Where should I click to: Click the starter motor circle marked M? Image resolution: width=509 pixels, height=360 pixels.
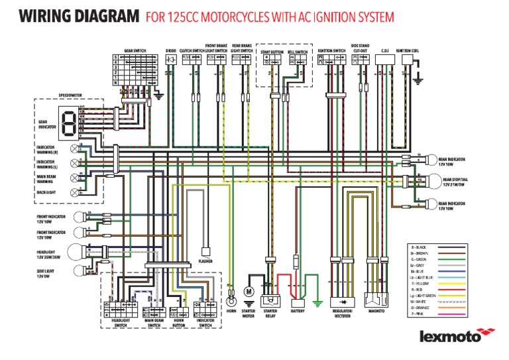coord(249,291)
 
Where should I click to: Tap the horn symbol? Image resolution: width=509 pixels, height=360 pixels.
coord(231,292)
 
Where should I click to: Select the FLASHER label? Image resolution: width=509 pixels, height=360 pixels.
coord(205,261)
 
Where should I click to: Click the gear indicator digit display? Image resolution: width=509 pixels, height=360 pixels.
coord(67,121)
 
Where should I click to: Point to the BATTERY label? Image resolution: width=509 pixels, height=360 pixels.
coord(297,310)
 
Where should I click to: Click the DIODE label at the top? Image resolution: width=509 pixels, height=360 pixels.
coord(171,50)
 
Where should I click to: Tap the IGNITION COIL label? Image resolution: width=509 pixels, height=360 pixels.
coord(406,50)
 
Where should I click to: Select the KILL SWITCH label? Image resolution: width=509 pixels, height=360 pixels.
coord(297,51)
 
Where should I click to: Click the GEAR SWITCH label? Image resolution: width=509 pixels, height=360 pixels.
coord(135,50)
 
